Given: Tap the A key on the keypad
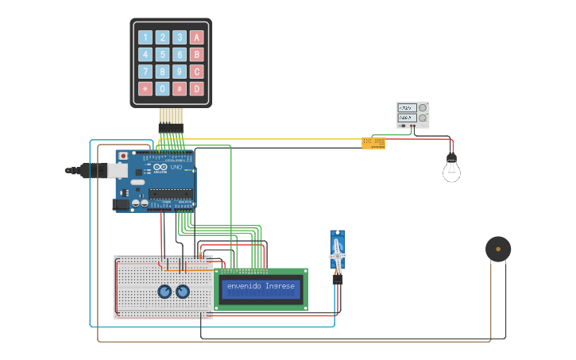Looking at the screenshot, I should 197,37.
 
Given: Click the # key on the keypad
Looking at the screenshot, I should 180,89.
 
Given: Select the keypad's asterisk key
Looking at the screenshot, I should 145,89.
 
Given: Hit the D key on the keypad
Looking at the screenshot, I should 197,89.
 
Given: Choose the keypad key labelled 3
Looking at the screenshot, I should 180,37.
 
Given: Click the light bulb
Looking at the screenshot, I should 451,169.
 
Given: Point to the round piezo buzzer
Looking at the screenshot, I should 498,249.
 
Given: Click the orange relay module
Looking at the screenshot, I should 373,143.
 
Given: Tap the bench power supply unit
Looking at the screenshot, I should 412,115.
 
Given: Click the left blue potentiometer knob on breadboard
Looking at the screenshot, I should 164,292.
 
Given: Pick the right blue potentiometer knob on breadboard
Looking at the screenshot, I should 184,292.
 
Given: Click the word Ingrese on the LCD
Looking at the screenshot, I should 280,286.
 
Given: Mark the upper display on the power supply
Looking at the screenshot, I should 407,107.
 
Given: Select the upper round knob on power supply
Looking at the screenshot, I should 423,107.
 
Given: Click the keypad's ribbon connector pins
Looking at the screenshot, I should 170,127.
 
